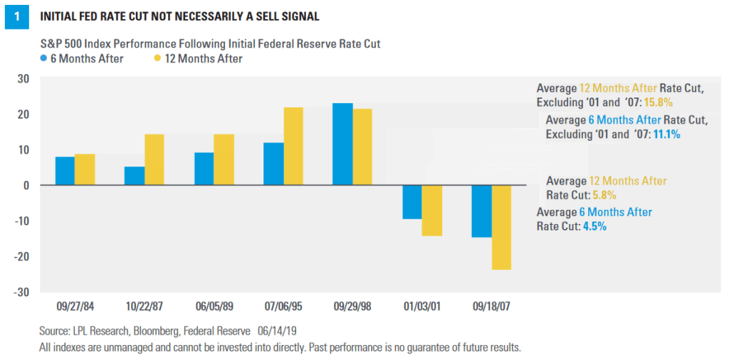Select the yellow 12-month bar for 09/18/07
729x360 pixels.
click(x=501, y=227)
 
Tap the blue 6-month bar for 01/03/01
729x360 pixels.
click(x=412, y=202)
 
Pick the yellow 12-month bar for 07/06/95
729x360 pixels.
click(x=293, y=146)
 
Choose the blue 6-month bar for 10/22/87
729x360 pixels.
click(x=135, y=176)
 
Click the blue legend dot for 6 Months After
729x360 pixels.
click(x=45, y=59)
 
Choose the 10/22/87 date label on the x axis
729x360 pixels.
click(x=144, y=307)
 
